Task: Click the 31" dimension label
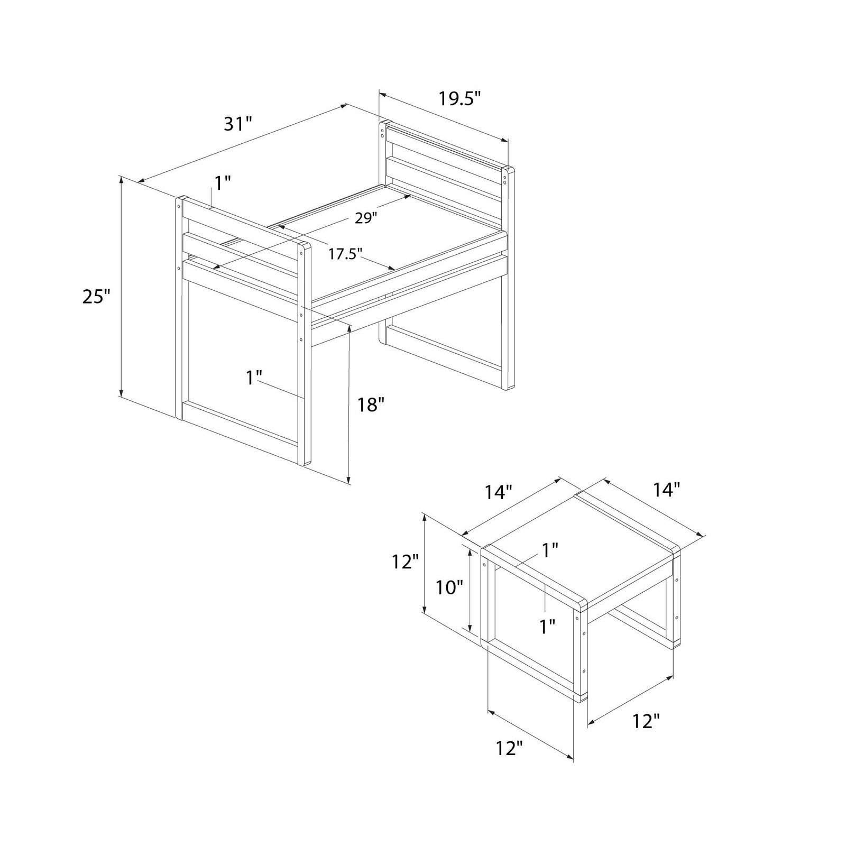tap(238, 124)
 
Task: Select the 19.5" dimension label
tap(459, 98)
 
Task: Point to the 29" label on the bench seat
tap(365, 218)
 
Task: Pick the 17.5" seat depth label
tap(345, 254)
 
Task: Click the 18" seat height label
tap(370, 406)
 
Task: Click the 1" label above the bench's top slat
tap(223, 183)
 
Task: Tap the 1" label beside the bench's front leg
tap(254, 378)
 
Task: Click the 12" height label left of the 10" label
tap(406, 562)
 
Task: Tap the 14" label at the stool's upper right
tap(666, 490)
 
